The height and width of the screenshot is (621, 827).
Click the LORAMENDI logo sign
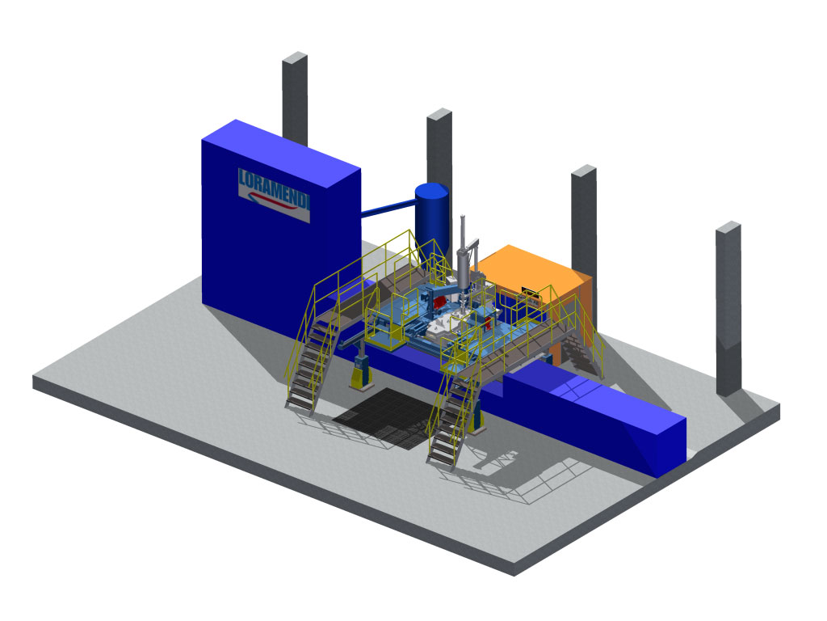[274, 195]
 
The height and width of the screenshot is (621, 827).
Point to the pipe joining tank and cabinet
[388, 206]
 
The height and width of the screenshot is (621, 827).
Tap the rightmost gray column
[728, 308]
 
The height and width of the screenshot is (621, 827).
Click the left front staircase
[311, 360]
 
